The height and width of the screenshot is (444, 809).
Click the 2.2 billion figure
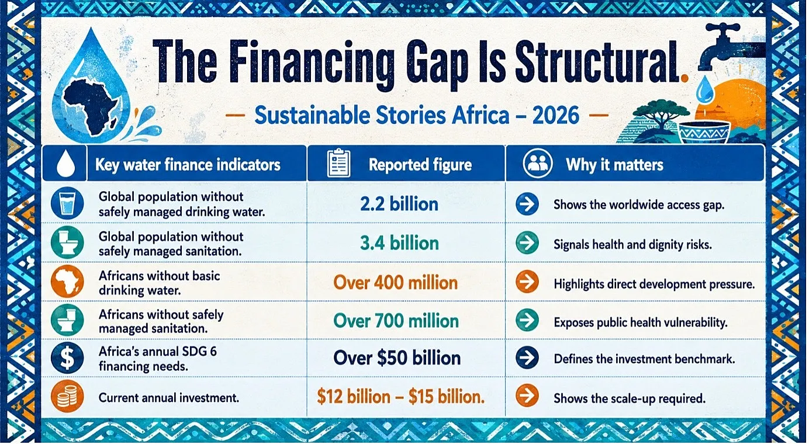point(399,204)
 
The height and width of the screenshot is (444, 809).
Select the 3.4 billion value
point(399,243)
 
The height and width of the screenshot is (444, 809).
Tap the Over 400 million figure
point(396,283)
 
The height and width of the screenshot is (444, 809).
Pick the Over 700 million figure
point(396,321)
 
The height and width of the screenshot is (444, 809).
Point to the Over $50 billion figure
point(397,358)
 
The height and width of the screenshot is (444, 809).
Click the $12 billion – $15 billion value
point(401,397)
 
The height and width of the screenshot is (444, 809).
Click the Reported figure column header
point(420,165)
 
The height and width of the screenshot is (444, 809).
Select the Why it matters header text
point(614,165)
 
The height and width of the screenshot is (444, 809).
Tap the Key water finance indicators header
point(188,165)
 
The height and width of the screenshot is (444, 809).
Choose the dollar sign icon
point(67,358)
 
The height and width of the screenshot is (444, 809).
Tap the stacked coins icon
point(67,396)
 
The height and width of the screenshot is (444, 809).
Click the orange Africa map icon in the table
point(67,282)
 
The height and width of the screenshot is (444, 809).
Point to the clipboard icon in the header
point(338,163)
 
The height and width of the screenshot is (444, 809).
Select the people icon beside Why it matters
point(537,164)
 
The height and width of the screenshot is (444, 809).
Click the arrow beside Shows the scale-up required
point(527,396)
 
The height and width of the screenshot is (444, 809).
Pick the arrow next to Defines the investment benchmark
point(527,358)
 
